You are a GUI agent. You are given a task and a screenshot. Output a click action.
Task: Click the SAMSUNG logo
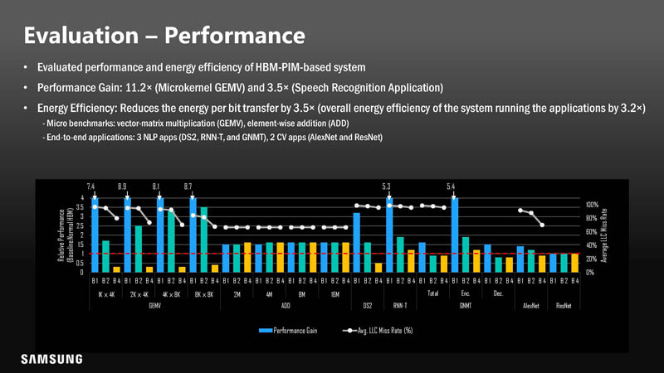point(52,359)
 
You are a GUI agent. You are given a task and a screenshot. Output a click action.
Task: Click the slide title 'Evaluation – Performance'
point(164,36)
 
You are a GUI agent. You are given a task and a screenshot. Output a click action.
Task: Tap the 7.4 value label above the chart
point(90,186)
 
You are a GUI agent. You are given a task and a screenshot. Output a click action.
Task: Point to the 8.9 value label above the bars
point(122,186)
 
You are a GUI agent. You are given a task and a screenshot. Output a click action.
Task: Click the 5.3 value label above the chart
point(386,186)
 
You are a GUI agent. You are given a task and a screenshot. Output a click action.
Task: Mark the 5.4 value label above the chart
point(451,186)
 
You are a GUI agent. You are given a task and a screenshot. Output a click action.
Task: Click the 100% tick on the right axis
point(591,204)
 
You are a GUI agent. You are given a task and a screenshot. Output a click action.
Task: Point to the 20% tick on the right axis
point(590,259)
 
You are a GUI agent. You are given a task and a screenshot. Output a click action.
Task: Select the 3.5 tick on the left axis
point(81,206)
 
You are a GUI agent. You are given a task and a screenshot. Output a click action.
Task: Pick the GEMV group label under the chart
point(155,306)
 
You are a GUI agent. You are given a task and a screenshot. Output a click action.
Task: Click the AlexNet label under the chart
point(531,306)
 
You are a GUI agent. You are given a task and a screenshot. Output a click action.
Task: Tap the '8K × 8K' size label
point(203,293)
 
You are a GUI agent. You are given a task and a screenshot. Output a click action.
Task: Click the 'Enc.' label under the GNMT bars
point(466,293)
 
